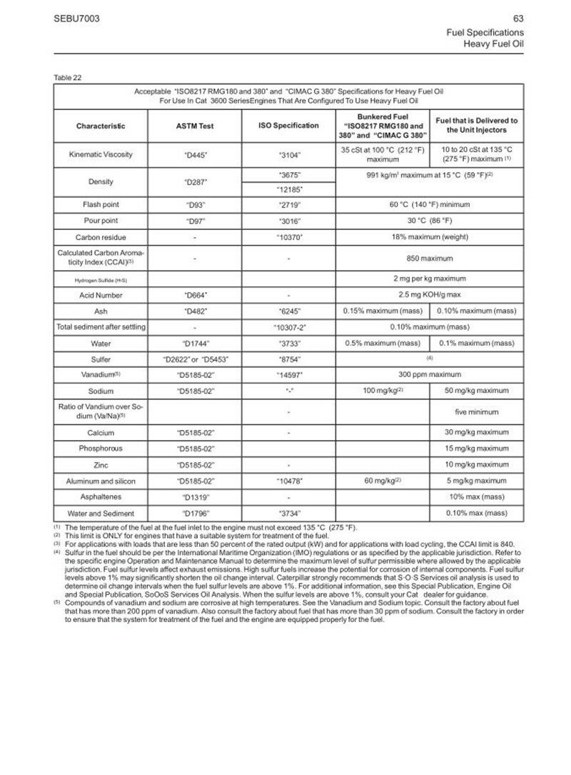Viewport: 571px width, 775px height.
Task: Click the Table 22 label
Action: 67,78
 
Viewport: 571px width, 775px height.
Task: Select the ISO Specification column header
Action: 288,126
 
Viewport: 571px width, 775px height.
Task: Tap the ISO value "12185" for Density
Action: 288,189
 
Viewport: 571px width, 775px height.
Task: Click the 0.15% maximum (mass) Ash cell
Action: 382,311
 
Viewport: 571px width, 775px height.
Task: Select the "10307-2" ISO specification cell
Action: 288,326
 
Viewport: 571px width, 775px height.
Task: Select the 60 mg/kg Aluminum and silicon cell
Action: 382,481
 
